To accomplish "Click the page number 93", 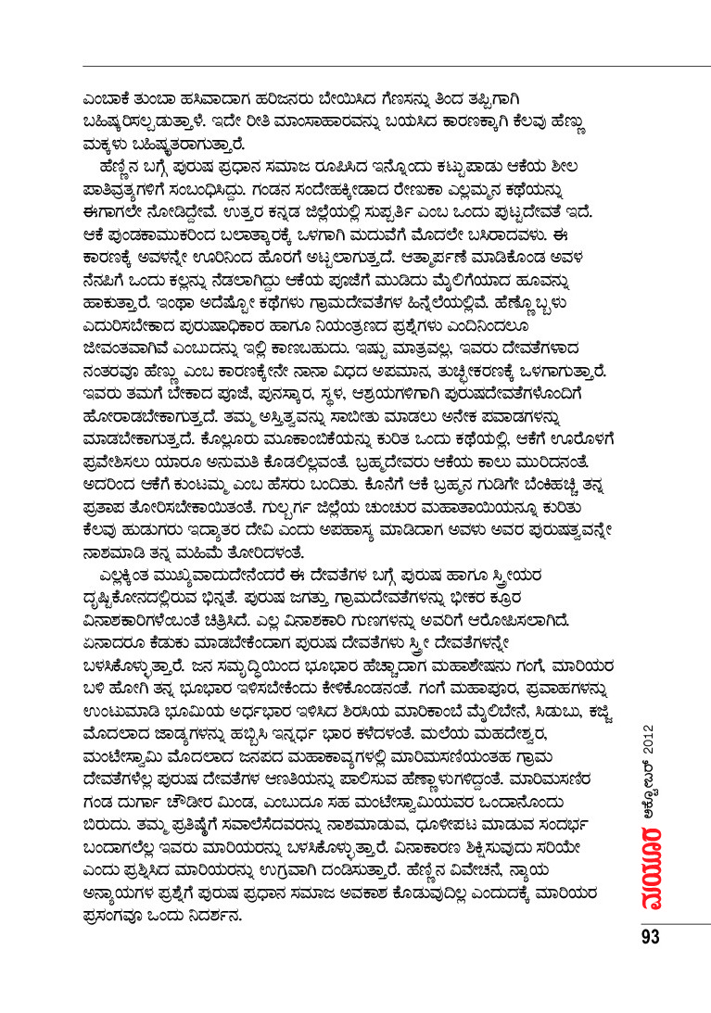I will pos(649,936).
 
